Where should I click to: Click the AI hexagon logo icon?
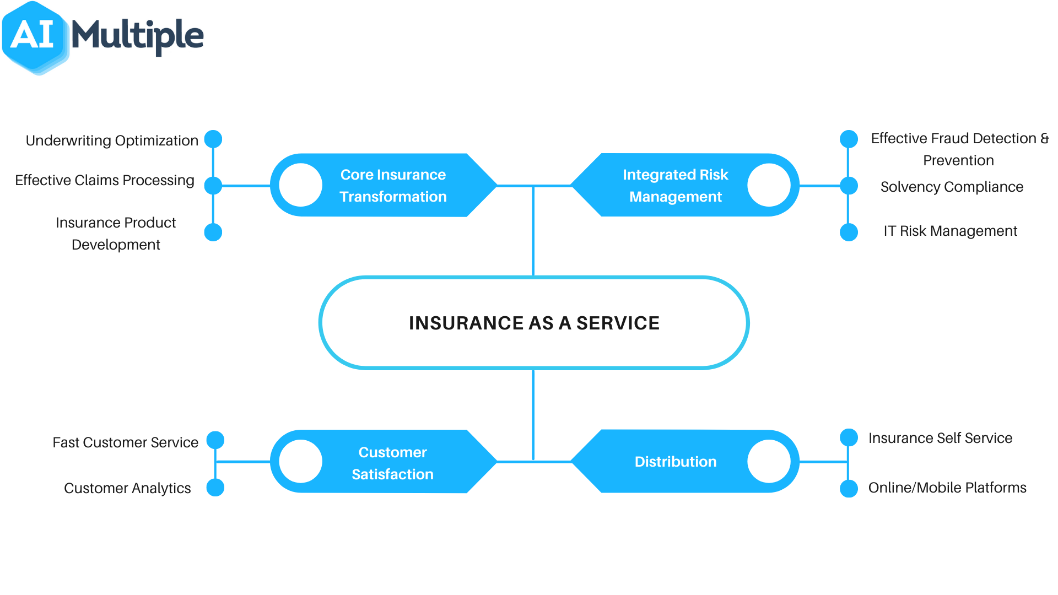34,37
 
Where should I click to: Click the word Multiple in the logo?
137,36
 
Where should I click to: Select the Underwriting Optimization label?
112,140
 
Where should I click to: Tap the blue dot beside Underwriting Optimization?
213,139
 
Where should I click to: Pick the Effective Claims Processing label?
105,180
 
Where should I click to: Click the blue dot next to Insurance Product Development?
213,232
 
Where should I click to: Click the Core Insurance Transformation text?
393,186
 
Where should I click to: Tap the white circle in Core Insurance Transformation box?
300,185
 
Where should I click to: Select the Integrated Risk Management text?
675,186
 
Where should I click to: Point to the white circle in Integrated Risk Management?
769,185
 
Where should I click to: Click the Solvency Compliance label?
952,187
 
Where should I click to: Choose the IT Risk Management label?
950,231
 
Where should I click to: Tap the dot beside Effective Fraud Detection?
849,139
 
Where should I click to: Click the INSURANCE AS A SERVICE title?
534,323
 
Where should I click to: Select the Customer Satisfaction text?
392,463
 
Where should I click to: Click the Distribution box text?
675,462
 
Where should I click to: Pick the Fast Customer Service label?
125,442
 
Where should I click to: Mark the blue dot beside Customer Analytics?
215,488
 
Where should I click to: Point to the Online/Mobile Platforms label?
947,488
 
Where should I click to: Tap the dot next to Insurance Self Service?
849,437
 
